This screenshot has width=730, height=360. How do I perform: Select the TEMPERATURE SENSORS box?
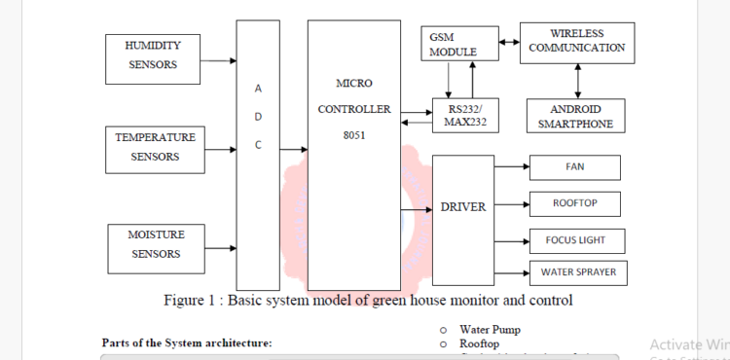click(155, 147)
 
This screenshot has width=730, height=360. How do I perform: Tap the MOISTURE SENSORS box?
click(155, 244)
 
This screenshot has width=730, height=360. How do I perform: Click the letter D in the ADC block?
click(258, 117)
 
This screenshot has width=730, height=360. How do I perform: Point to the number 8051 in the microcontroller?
click(353, 135)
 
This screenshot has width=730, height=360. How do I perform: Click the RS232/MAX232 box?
click(464, 115)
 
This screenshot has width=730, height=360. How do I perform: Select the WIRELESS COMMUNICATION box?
click(576, 41)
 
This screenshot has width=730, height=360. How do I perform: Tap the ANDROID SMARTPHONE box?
click(575, 115)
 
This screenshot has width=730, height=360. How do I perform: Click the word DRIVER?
click(463, 206)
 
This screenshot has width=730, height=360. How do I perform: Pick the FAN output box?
click(574, 167)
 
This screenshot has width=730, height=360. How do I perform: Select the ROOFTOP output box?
click(574, 203)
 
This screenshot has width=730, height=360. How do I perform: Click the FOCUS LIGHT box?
click(574, 238)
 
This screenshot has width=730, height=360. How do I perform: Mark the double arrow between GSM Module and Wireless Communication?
click(507, 42)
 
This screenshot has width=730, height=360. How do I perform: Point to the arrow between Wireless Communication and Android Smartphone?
click(577, 80)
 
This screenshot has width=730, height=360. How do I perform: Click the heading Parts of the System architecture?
click(187, 342)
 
